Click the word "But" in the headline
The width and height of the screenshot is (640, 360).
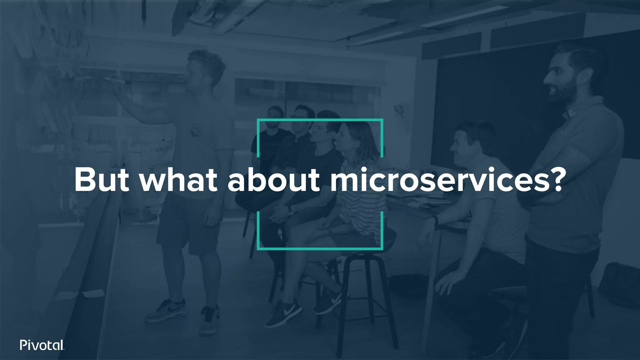[x=102, y=181]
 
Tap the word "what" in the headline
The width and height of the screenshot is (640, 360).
[x=178, y=181]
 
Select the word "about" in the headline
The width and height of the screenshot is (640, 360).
[x=274, y=181]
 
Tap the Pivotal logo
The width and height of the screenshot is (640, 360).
[x=42, y=345]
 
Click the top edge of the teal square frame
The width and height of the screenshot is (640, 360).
[x=320, y=120]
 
